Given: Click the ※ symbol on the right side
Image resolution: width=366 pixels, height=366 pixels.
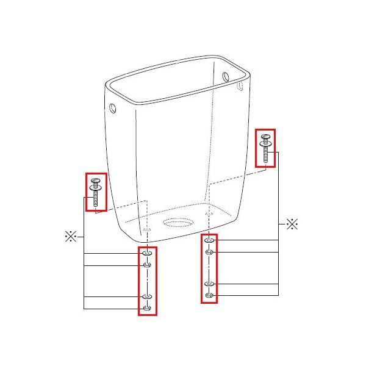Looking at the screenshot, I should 292,224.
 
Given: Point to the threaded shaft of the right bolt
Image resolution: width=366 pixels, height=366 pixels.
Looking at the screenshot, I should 266,155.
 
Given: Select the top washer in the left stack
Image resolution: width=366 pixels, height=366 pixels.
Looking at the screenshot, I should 147,253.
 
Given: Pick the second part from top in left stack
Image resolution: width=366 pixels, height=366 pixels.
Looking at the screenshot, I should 147,265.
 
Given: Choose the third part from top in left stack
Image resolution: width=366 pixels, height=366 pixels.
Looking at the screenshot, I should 147,296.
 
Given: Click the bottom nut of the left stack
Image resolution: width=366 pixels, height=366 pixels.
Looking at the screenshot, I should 147,307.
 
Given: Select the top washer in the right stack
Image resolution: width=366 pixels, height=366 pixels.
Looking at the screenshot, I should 209,240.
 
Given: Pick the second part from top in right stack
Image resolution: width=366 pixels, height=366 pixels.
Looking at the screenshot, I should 209,252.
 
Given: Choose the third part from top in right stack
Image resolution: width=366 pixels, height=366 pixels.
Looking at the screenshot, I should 209,284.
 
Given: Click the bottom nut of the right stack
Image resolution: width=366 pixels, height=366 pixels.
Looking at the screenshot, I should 209,295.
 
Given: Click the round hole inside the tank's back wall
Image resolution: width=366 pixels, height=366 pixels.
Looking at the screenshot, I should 225,76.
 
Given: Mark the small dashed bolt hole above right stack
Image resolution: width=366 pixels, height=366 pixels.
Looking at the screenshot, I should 210,214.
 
